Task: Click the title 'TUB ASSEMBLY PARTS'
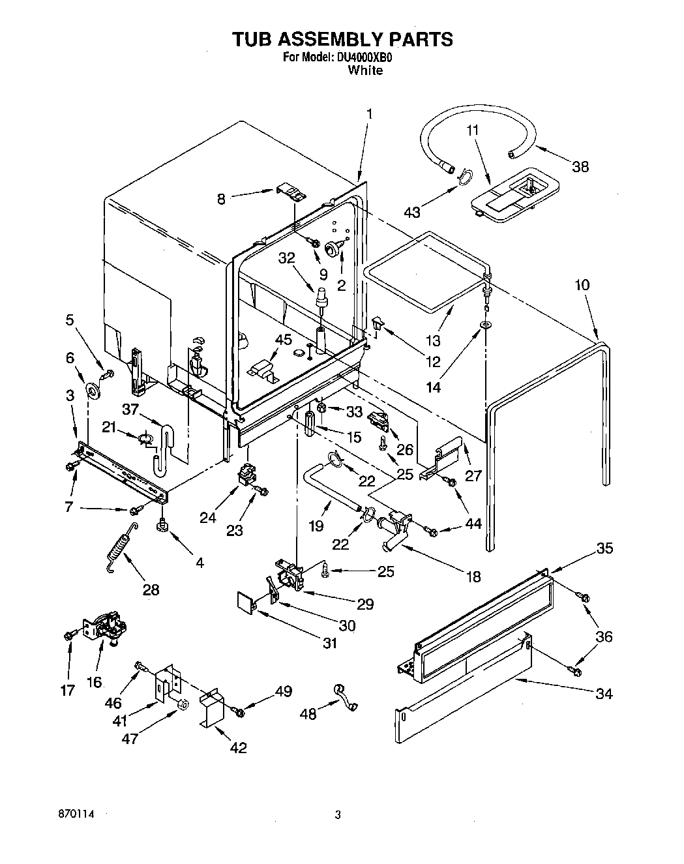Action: point(342,39)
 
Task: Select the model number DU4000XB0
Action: point(364,57)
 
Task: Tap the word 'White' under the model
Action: point(365,70)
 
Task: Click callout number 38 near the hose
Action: point(579,166)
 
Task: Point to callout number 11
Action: point(473,130)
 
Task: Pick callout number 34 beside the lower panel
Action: point(604,694)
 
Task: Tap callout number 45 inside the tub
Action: point(283,339)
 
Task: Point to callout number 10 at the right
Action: point(582,285)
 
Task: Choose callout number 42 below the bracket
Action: point(238,747)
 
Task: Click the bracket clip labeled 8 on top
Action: point(291,192)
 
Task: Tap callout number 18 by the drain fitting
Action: point(473,576)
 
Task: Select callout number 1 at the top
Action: point(369,113)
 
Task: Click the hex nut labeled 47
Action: point(183,704)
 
